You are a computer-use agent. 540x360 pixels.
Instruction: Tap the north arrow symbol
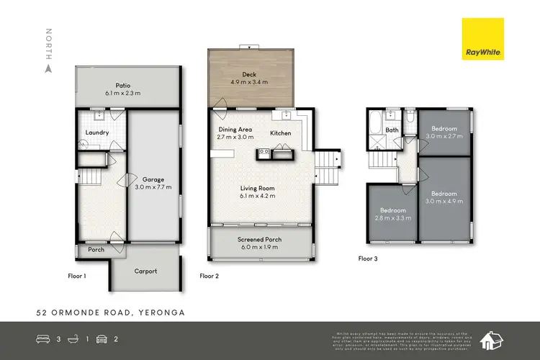pos(49,69)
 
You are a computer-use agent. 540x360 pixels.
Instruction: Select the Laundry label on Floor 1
pos(96,132)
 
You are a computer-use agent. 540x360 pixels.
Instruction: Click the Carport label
pos(145,271)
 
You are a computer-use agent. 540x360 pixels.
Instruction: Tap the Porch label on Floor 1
pos(96,250)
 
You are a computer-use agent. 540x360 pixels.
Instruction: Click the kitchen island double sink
pos(264,152)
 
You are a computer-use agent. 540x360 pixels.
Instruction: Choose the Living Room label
pos(258,188)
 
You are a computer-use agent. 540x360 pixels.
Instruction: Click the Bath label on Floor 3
pos(392,130)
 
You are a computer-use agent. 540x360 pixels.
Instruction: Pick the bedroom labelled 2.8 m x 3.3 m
pos(393,215)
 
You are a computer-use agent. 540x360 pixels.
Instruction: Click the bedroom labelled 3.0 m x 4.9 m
pos(444,198)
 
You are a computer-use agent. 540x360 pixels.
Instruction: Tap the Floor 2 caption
pos(209,275)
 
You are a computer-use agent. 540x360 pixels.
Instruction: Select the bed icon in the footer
pos(42,339)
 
